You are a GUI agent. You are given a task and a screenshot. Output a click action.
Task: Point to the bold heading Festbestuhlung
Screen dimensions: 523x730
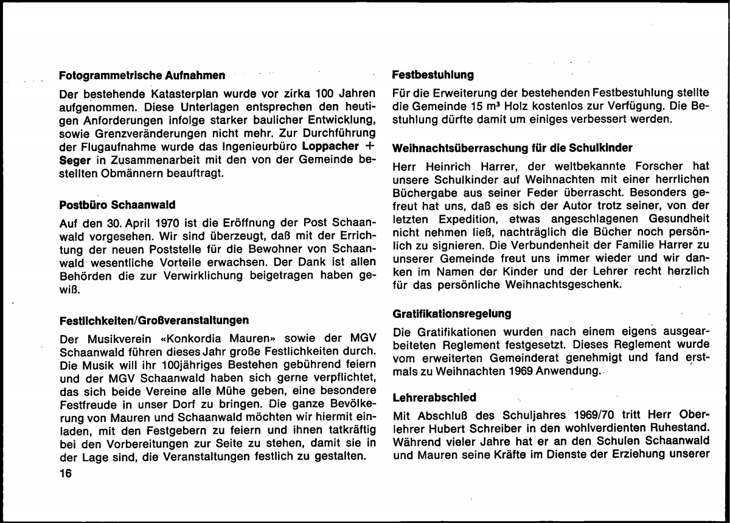(433, 76)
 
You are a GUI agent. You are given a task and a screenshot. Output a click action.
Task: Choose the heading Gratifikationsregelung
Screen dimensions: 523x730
(452, 314)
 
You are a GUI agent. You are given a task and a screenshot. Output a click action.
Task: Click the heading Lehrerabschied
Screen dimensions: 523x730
(434, 396)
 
